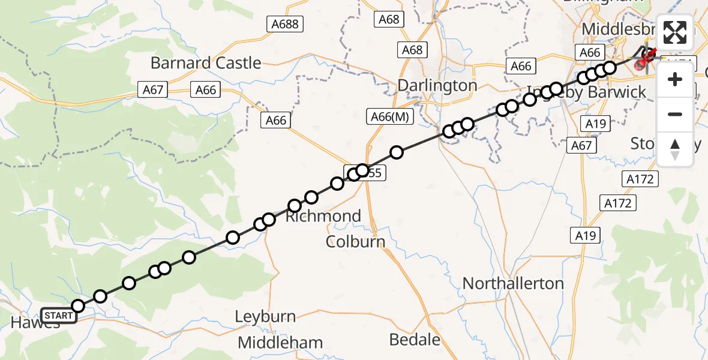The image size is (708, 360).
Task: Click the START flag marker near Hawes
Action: (59, 315)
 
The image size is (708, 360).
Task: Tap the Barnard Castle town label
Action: (205, 63)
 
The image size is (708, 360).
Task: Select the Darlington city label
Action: (437, 85)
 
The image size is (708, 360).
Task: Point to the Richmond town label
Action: (323, 216)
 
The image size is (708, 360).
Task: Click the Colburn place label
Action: (355, 241)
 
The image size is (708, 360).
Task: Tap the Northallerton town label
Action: (513, 283)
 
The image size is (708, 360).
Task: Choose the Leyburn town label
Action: (265, 316)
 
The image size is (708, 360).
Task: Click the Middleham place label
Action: (280, 343)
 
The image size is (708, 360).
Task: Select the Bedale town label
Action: (415, 340)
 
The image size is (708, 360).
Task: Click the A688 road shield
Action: (285, 24)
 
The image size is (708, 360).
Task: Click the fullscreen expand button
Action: (675, 32)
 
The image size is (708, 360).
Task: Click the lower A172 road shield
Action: (618, 203)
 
